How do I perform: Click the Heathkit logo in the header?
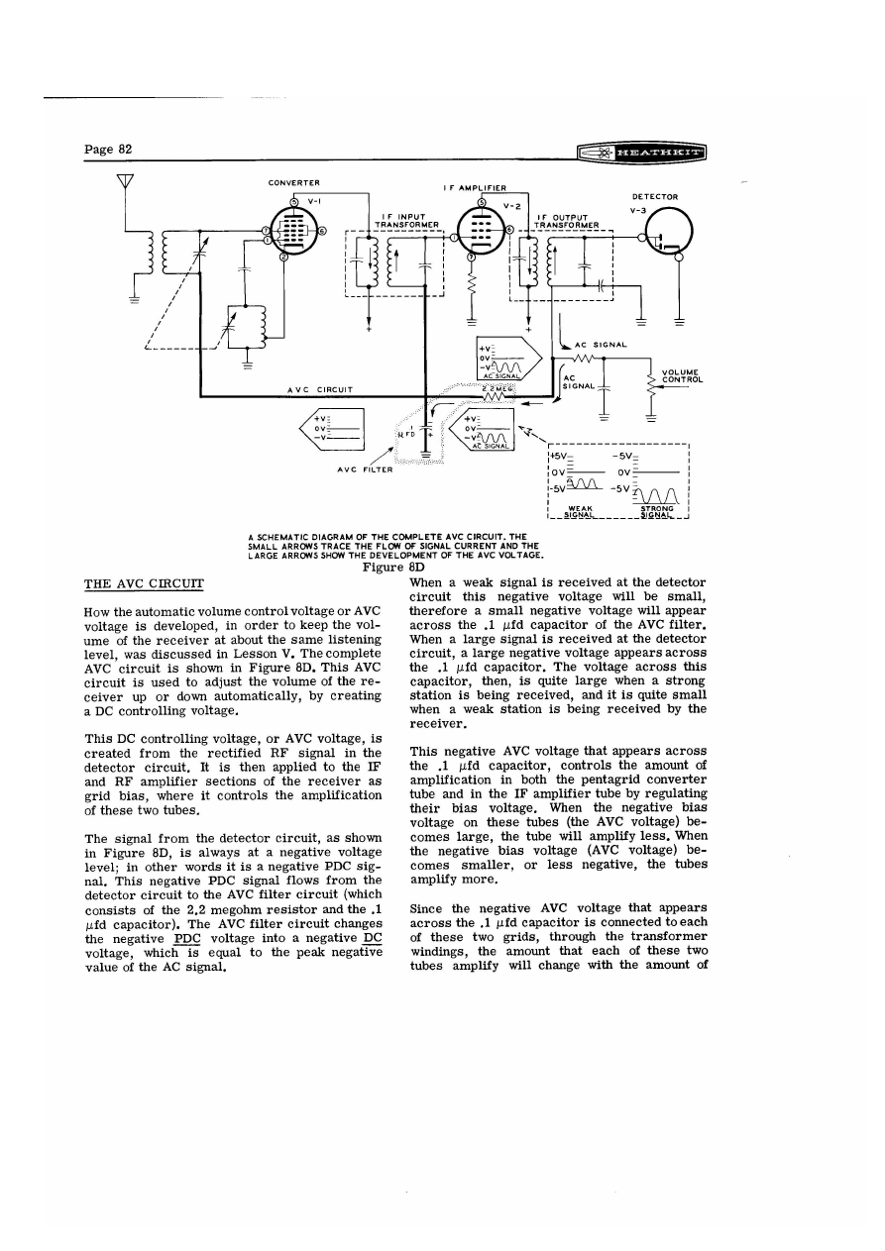(648, 153)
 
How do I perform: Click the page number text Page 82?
(109, 150)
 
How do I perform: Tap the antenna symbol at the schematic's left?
(125, 184)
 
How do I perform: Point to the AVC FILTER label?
(365, 470)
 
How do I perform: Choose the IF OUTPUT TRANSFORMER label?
(561, 221)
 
